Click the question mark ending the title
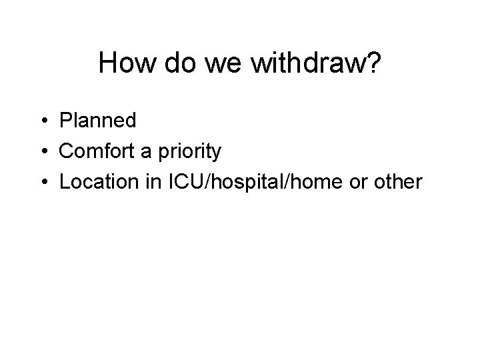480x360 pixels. [373, 63]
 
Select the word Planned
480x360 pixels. [97, 121]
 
